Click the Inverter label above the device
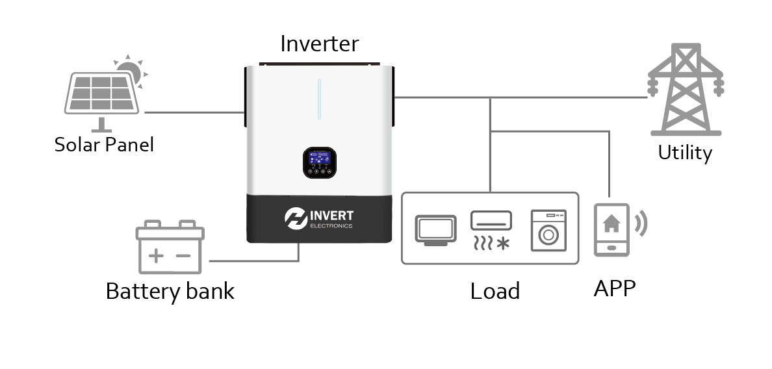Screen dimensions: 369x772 pos(319,44)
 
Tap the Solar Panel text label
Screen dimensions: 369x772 pos(104,144)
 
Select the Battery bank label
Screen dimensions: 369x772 pos(170,290)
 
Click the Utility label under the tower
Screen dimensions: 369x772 pos(685,153)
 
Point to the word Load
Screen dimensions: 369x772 pos(495,291)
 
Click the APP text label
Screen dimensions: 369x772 pos(614,288)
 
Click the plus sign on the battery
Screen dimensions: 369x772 pos(156,255)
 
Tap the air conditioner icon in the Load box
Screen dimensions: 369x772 pos(491,229)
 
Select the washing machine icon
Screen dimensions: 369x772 pos(548,230)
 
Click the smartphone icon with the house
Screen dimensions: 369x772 pos(611,229)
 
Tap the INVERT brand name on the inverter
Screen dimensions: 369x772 pos(331,215)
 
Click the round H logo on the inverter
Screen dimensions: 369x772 pos(296,219)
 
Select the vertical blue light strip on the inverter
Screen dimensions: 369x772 pos(319,99)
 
